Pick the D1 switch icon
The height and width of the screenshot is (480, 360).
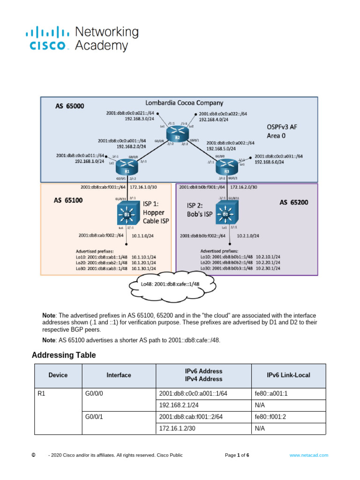(126, 215)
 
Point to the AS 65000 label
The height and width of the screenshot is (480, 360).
(68, 106)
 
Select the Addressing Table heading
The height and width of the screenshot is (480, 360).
(63, 355)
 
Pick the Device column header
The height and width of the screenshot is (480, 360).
(58, 375)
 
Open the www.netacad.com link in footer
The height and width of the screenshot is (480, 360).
(308, 455)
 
